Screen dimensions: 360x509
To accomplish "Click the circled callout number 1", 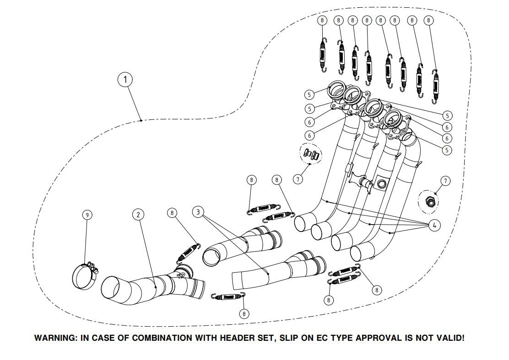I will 125,80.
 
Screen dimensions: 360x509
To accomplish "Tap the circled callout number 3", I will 198,212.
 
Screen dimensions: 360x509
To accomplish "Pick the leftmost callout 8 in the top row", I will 322,21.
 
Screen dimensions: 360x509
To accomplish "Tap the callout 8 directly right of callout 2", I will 172,213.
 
